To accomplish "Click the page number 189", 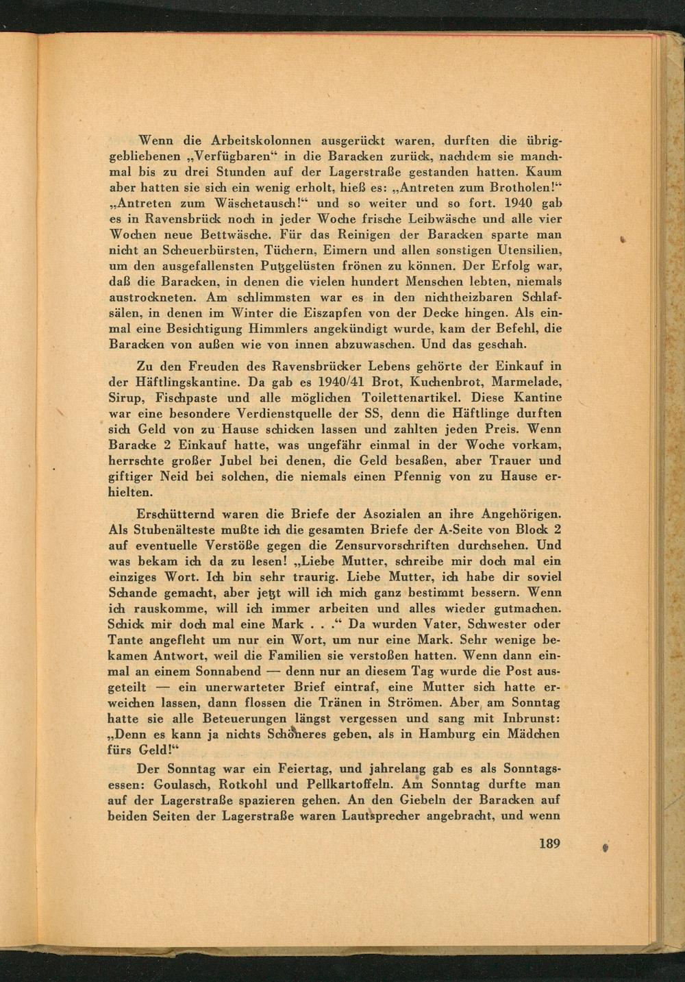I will coord(549,844).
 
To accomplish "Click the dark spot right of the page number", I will coord(605,847).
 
